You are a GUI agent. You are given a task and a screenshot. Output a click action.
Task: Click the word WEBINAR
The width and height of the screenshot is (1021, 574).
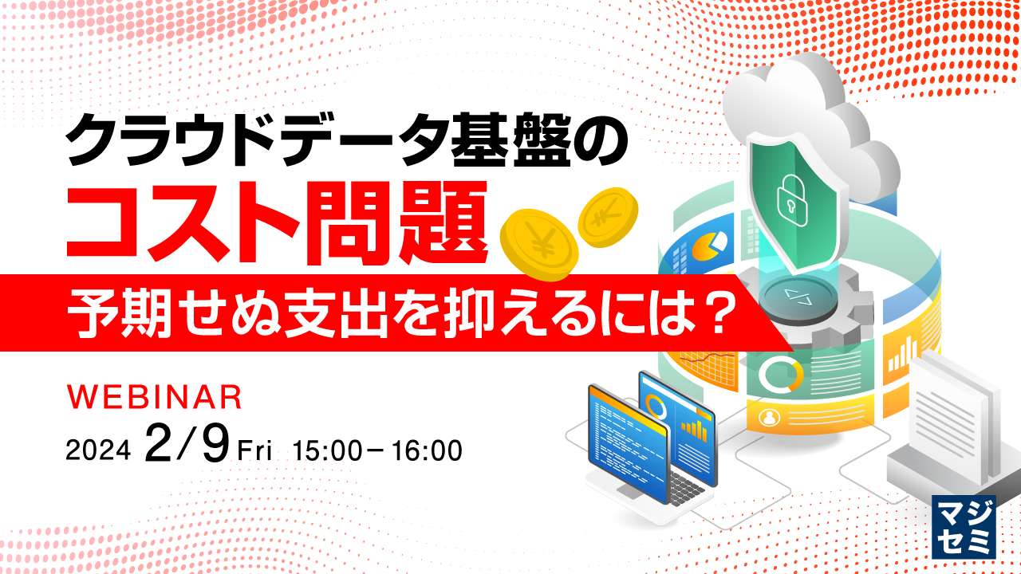154,396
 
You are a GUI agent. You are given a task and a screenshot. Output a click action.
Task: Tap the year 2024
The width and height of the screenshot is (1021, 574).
97,451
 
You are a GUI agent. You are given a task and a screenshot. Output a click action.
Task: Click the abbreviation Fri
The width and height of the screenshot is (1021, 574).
255,451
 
